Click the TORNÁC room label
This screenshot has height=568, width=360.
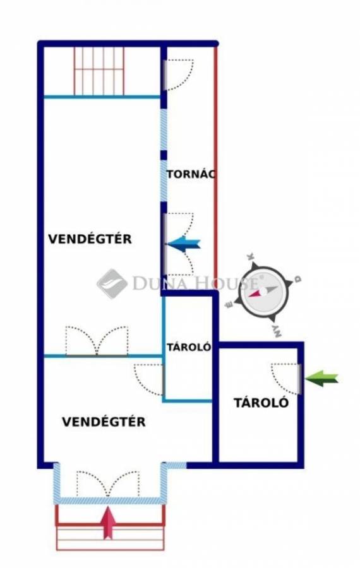coord(191,174)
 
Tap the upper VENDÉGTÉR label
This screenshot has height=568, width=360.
coord(90,239)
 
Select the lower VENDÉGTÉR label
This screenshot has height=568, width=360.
coord(104,422)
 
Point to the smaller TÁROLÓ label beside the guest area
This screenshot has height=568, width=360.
coord(189,347)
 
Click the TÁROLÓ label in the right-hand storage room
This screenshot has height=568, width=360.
coord(261,403)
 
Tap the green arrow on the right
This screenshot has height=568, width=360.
coord(321,379)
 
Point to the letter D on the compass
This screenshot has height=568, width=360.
coord(298,280)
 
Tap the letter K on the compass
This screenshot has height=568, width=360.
coord(251,256)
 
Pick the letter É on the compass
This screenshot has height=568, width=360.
coord(229,305)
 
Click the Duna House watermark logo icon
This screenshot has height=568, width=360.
coord(112,284)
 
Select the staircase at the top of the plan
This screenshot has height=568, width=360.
coord(99,71)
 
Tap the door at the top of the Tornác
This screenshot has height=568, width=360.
coord(178,74)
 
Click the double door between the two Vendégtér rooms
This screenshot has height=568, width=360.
coord(97,341)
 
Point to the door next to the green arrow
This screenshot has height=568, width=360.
coord(286,379)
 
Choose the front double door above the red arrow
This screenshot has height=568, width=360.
coord(108,484)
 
